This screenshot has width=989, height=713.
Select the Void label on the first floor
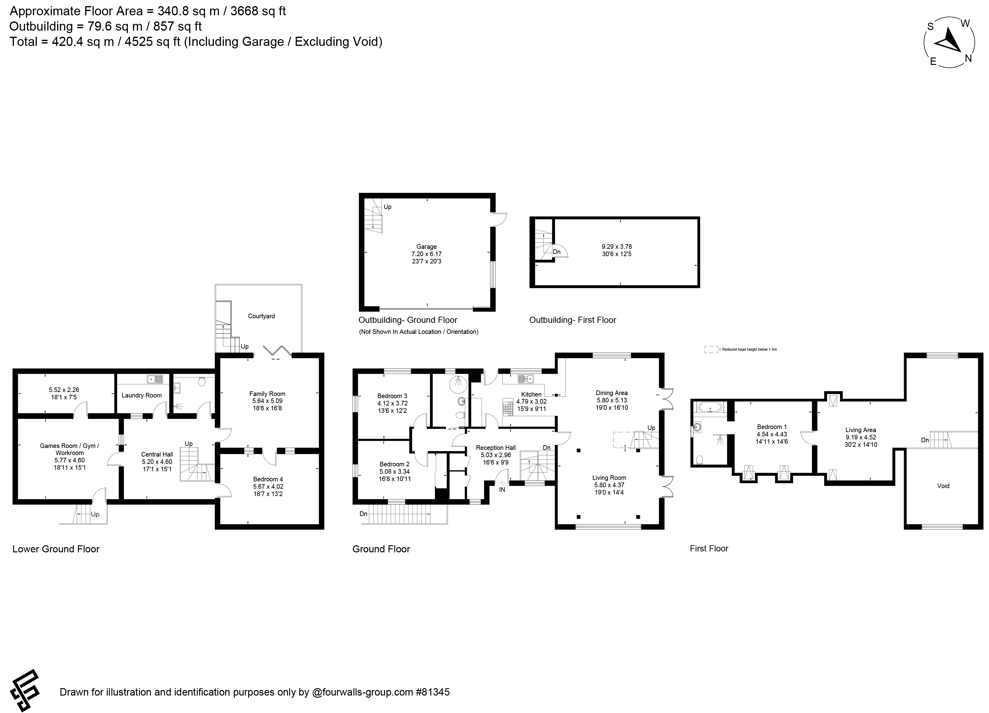(943, 486)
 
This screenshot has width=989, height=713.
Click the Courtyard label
(261, 316)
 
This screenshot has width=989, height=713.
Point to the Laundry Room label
(141, 396)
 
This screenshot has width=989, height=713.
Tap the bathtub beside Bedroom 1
(710, 407)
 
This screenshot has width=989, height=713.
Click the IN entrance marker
(502, 490)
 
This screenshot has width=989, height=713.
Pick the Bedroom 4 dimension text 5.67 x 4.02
(268, 487)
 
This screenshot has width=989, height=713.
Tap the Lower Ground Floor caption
(56, 549)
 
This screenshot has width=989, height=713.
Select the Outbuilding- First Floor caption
(573, 320)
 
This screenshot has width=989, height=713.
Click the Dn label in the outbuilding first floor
(556, 252)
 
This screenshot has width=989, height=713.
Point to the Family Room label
(267, 394)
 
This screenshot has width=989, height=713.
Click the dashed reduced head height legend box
(711, 349)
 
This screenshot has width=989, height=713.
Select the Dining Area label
(612, 393)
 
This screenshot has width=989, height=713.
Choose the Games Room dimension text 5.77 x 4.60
(69, 460)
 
